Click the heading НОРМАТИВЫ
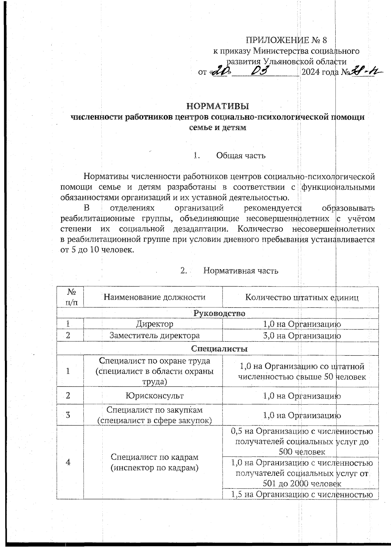pyautogui.click(x=218, y=106)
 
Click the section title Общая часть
pyautogui.click(x=241, y=156)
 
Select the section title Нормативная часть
pyautogui.click(x=241, y=271)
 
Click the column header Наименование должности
pyautogui.click(x=154, y=297)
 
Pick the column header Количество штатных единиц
pyautogui.click(x=302, y=297)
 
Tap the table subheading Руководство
pyautogui.click(x=219, y=313)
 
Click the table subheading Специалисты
pyautogui.click(x=219, y=349)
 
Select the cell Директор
pyautogui.click(x=154, y=324)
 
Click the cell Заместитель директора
pyautogui.click(x=154, y=336)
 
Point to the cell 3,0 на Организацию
pyautogui.click(x=302, y=336)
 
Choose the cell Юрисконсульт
pyautogui.click(x=154, y=396)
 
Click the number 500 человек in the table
pyautogui.click(x=302, y=452)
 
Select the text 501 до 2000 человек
pyautogui.click(x=302, y=483)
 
